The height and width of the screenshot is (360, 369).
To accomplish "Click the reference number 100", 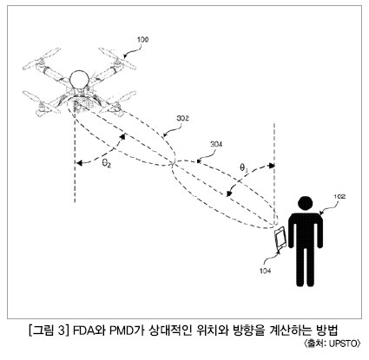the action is tap(142, 39).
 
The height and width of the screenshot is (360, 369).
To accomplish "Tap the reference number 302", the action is tap(182, 118).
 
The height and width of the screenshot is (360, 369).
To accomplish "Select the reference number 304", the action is tap(216, 144).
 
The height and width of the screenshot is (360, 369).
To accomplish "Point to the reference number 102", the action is tap(339, 197).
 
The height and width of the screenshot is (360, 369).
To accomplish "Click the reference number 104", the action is tap(265, 271).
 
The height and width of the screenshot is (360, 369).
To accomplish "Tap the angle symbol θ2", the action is tap(106, 164).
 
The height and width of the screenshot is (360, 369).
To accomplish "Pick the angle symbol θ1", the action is tap(243, 167).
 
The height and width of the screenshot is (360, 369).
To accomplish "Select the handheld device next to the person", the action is tap(280, 239).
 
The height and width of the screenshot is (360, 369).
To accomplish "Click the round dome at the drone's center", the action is tap(79, 79).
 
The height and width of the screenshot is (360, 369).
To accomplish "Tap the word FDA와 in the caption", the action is tap(89, 331).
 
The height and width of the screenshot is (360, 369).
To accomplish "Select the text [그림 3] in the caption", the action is tap(48, 331).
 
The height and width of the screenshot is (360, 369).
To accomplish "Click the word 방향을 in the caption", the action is tap(248, 331).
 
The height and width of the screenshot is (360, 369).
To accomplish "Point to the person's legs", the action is tap(306, 266).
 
